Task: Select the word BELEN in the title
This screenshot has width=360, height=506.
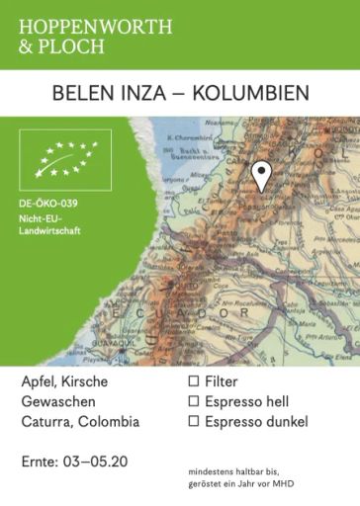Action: [x=79, y=93]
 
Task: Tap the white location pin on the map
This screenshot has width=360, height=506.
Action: [x=260, y=175]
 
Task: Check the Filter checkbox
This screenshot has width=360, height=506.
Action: [x=194, y=380]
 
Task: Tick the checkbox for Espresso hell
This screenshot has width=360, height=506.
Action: [x=194, y=401]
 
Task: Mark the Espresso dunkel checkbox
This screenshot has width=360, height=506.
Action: [x=194, y=422]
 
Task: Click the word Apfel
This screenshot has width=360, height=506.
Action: [x=38, y=381]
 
